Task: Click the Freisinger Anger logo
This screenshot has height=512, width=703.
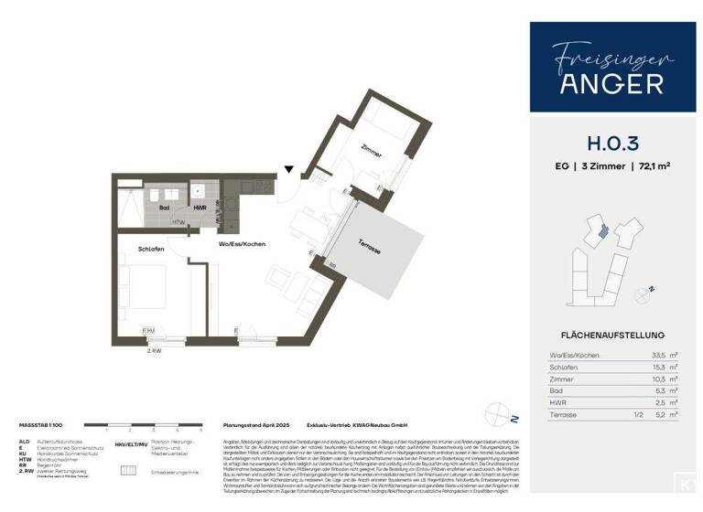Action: tap(607, 69)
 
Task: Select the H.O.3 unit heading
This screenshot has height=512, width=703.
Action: tap(607, 143)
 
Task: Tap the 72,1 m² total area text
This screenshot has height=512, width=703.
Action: tap(652, 166)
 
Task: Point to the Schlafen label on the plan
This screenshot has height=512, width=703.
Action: tap(152, 248)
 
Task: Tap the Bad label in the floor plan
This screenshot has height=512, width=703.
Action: tap(165, 208)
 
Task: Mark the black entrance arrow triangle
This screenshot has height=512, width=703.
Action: tap(289, 168)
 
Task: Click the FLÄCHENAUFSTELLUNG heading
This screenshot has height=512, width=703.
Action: tap(606, 335)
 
